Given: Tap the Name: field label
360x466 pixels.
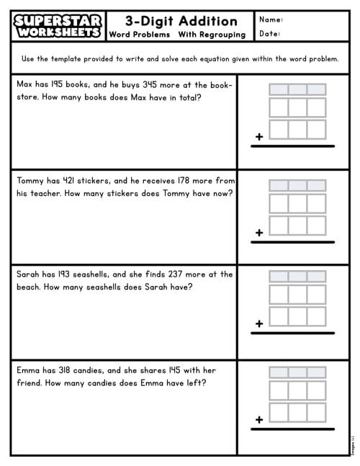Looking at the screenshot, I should [x=271, y=19].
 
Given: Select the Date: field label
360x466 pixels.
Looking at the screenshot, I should [x=269, y=33].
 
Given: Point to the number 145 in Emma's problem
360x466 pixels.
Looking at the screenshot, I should [x=174, y=370].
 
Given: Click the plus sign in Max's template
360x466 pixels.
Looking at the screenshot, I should [x=259, y=136].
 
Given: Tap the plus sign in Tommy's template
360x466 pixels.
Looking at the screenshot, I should [x=259, y=232].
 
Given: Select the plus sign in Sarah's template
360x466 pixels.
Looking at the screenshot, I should [x=259, y=324].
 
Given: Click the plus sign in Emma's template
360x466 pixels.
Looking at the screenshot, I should [x=259, y=419].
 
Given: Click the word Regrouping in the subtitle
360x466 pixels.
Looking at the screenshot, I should [x=224, y=35].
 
